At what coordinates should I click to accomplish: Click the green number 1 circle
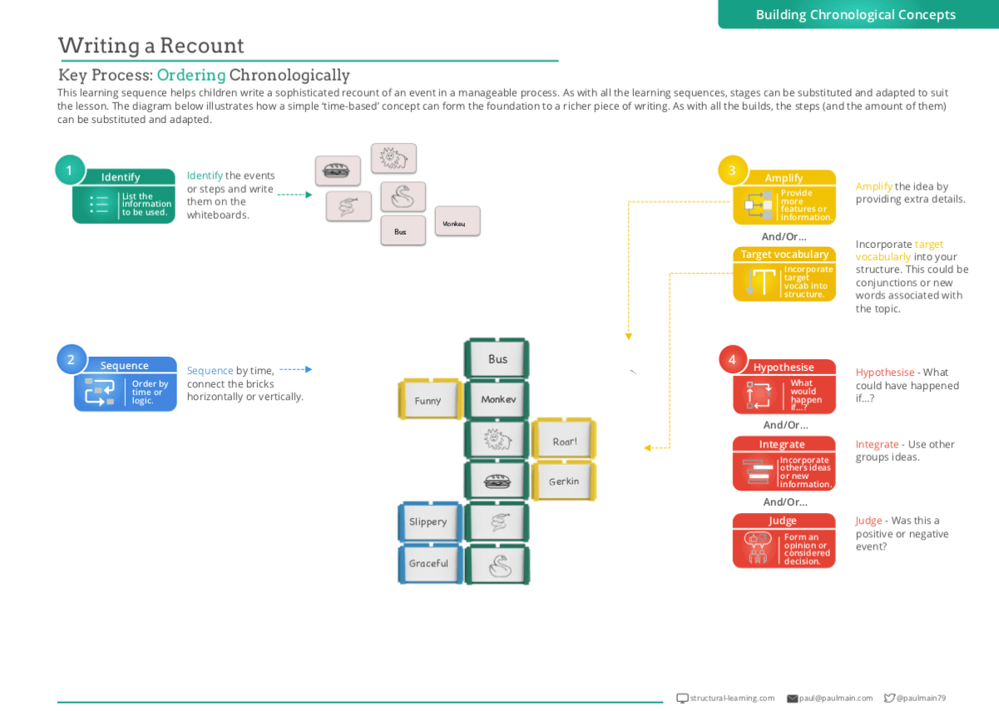pos(70,170)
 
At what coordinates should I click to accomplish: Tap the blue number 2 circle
pos(71,359)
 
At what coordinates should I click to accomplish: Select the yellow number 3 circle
pos(732,170)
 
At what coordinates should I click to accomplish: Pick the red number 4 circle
pos(732,359)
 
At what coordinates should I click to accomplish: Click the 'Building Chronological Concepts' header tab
pos(855,14)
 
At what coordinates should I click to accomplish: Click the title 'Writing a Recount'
pos(151,45)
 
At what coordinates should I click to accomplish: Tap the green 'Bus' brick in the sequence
pos(497,359)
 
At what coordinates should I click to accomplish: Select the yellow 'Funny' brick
pos(428,400)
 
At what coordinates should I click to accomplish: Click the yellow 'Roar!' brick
pos(564,441)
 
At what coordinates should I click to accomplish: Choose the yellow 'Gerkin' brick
pos(564,481)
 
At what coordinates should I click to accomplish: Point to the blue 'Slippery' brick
pos(428,521)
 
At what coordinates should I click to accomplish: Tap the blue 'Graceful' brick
pos(428,563)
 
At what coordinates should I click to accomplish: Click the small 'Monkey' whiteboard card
pos(457,222)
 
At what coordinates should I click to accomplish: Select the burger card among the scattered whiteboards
pos(337,170)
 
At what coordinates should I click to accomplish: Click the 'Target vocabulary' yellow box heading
pos(784,254)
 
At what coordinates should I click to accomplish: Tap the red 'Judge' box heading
pos(783,521)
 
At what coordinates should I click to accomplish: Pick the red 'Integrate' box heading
pos(782,444)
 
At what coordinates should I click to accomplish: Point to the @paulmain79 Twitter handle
pos(920,699)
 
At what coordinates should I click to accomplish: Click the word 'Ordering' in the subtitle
pos(191,75)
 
